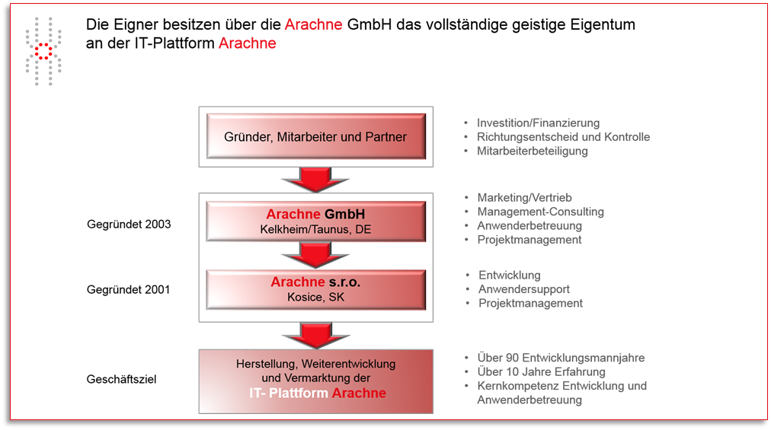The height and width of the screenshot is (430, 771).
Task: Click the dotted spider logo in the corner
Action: coord(43,52)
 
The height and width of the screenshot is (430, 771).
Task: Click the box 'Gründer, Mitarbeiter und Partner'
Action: coord(316,136)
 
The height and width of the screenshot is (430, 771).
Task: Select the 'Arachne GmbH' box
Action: coord(316,221)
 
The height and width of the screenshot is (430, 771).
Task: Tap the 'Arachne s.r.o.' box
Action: coord(316,289)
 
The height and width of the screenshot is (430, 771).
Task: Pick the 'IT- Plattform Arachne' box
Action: coord(316,381)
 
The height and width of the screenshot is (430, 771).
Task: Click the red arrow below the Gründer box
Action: coord(315,179)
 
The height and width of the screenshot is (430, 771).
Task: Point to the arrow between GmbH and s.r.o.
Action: coord(315,255)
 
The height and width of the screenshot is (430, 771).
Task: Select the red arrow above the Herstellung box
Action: coord(315,335)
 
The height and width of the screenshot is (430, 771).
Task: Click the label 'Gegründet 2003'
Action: coord(129,224)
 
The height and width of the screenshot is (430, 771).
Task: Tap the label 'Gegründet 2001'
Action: coord(128,289)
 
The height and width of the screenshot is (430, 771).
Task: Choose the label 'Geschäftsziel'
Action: coord(121,379)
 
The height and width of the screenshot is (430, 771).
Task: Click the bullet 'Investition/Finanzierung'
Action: coord(538,123)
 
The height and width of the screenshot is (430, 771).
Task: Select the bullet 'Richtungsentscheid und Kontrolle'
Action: coord(563,137)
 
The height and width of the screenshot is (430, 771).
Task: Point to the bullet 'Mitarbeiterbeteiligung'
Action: coord(532,151)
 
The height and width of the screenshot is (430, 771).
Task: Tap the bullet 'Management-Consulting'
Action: coord(540,212)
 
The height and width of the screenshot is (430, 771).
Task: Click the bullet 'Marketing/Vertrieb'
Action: coord(524,198)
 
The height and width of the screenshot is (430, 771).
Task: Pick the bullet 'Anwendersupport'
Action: coord(524,289)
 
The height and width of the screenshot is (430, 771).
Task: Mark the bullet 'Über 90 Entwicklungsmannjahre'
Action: coord(561,357)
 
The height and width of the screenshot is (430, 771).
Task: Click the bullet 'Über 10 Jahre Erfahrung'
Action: coord(541,371)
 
